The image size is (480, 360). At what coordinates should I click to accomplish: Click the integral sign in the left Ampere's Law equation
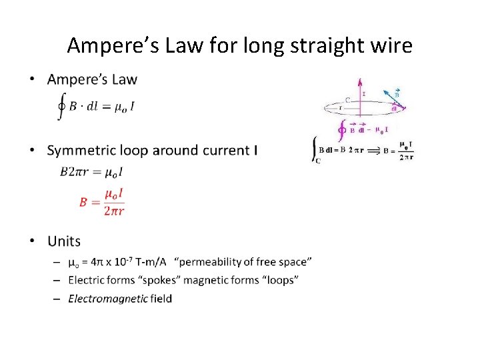tap(62, 107)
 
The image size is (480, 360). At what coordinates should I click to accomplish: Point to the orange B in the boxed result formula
tap(83, 201)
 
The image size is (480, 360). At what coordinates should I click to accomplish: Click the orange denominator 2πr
tap(113, 210)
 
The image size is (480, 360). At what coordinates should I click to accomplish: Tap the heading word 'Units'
tap(64, 241)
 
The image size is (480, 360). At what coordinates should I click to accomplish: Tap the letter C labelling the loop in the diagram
tap(348, 99)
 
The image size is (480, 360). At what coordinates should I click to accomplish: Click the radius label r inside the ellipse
tap(341, 107)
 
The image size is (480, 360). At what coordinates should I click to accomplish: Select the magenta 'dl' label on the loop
tap(395, 109)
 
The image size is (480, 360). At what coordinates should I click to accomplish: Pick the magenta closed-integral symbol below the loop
tap(342, 129)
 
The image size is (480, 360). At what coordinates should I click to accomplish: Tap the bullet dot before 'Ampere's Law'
tap(33, 80)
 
